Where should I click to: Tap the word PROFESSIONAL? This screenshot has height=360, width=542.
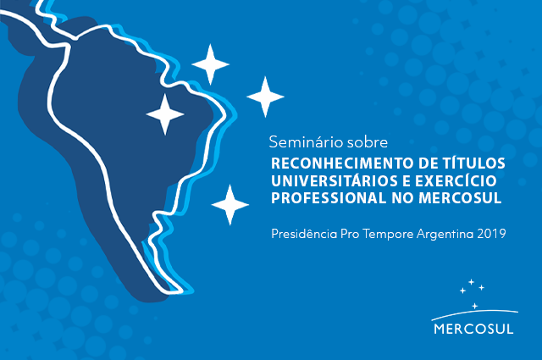click(x=329, y=198)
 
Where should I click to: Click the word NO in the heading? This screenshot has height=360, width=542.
click(x=402, y=198)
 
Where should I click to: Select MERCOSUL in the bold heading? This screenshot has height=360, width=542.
click(x=460, y=198)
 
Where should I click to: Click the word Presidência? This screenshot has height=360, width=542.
click(x=304, y=234)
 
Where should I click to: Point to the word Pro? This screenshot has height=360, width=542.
click(x=351, y=234)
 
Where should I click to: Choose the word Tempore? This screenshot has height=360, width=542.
click(x=389, y=235)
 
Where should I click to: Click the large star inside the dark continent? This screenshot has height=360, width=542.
click(x=165, y=114)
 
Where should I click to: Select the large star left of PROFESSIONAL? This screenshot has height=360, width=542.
click(x=230, y=205)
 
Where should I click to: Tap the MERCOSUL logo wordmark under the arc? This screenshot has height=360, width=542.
click(x=473, y=329)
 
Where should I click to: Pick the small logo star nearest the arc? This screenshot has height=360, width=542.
click(x=475, y=306)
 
